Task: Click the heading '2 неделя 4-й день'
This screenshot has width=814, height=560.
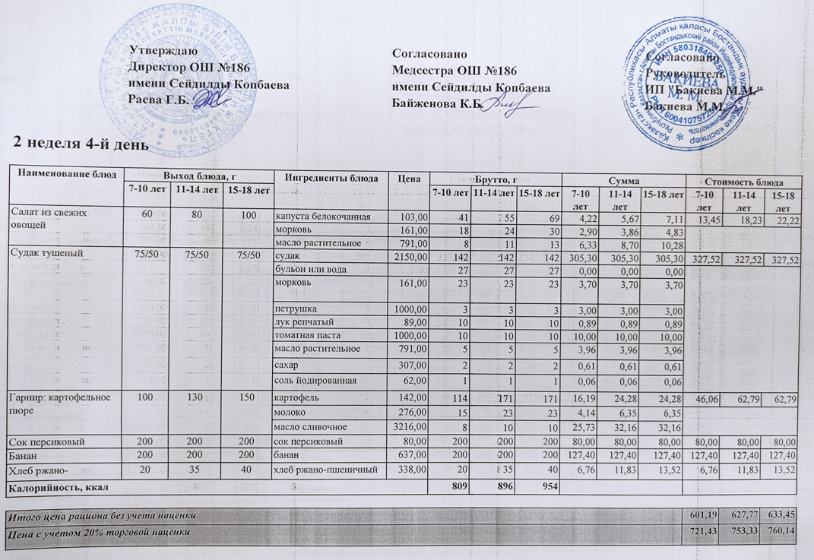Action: tap(76, 143)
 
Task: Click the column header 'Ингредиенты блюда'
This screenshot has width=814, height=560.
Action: tap(331, 178)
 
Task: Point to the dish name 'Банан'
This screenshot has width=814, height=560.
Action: tap(23, 454)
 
